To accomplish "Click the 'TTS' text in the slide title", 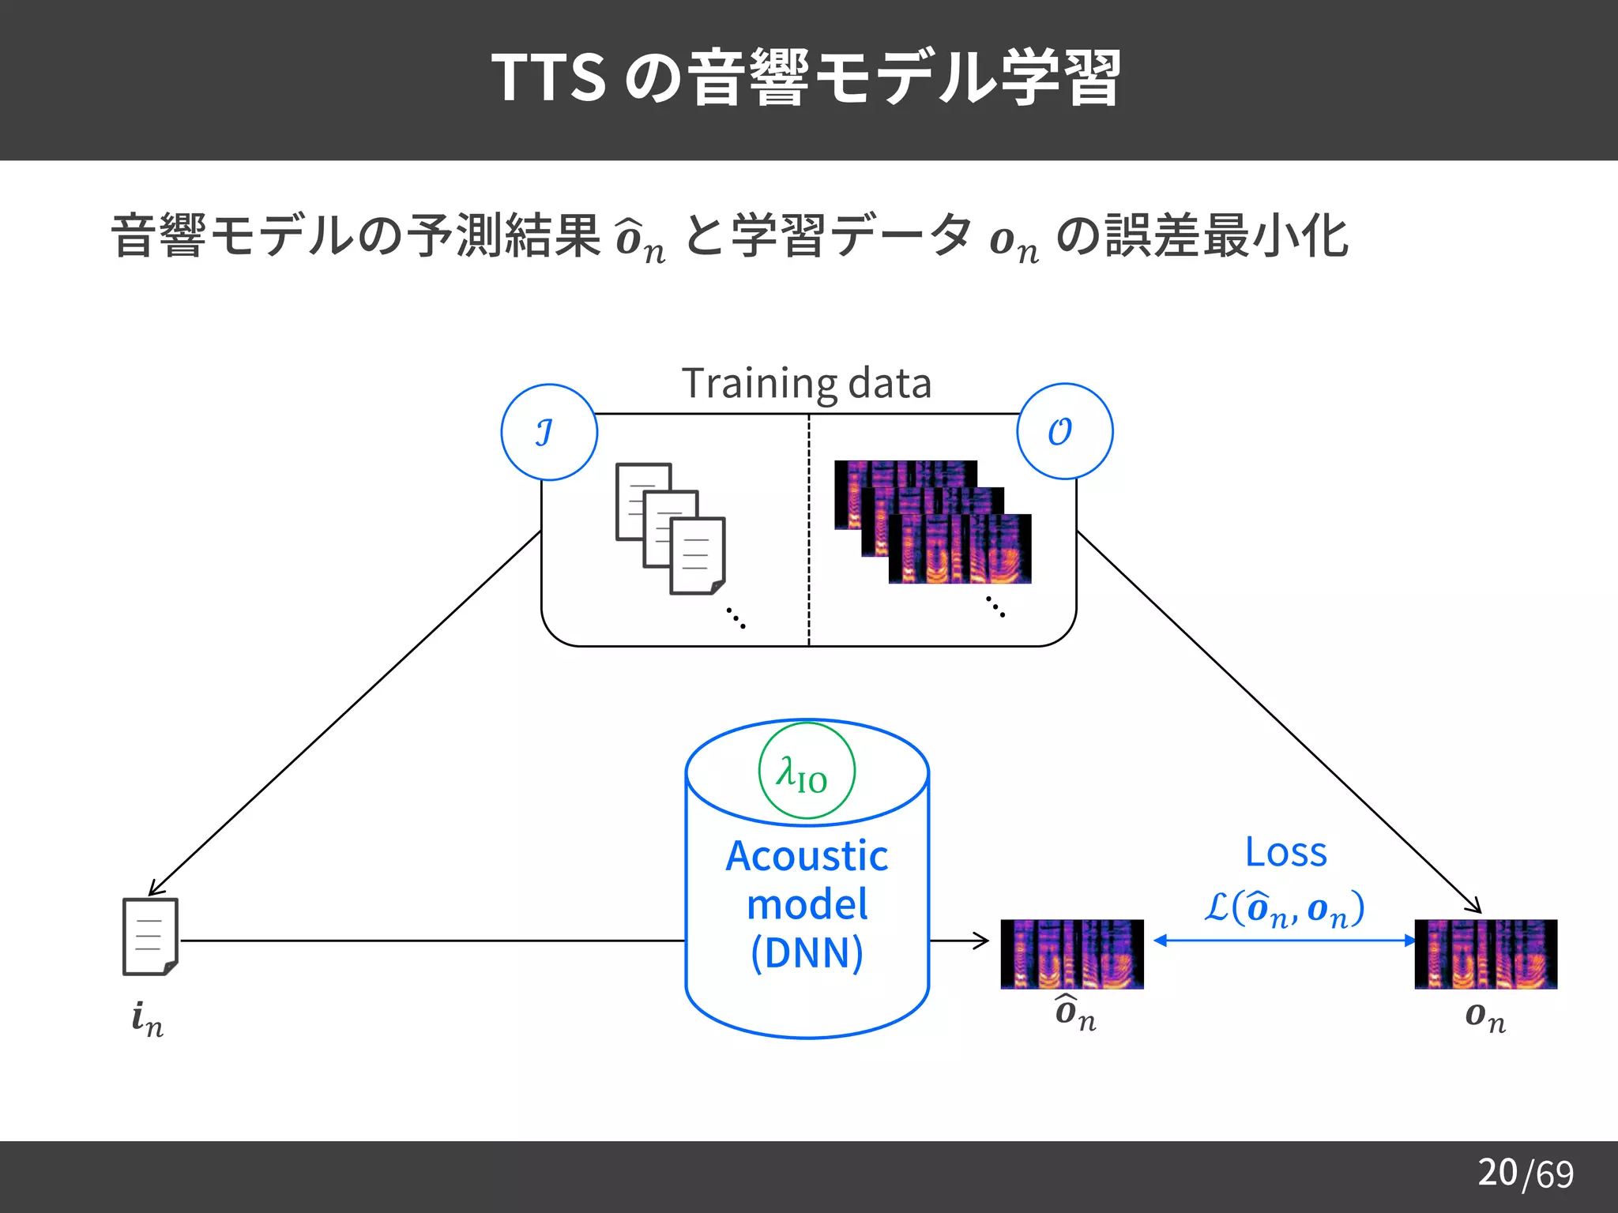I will [548, 77].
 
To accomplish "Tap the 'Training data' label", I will [807, 384].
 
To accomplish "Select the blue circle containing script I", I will [549, 432].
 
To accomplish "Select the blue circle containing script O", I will [1064, 431].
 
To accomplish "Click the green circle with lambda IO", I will [807, 771].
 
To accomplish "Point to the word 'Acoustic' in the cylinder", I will [807, 856].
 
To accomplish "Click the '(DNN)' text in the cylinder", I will [807, 952].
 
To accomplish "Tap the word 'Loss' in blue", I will [1285, 852].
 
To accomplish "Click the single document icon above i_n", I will [150, 937].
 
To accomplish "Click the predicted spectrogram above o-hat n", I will [1071, 953].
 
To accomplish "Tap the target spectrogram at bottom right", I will [1485, 953].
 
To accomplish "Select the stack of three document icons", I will [670, 528].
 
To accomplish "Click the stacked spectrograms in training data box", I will [933, 522].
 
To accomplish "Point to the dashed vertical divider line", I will [809, 529].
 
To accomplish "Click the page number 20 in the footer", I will [1497, 1172].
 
